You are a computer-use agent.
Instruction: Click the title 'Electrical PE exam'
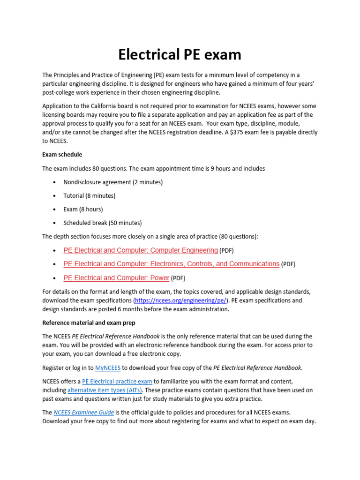(x=180, y=55)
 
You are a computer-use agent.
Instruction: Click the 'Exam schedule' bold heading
(x=62, y=154)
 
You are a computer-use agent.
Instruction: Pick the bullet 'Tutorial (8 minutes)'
(x=89, y=195)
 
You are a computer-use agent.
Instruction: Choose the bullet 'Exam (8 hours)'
(x=83, y=209)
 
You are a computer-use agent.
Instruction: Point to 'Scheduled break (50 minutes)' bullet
(x=102, y=223)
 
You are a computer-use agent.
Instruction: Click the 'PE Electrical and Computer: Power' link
(x=116, y=278)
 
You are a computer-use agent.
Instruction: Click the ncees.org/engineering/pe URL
(x=181, y=300)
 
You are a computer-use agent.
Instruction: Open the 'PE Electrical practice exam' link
(x=117, y=382)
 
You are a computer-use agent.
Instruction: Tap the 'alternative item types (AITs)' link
(x=105, y=390)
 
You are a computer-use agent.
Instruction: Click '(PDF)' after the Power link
(x=178, y=278)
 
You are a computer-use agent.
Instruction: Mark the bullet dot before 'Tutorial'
(x=55, y=196)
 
